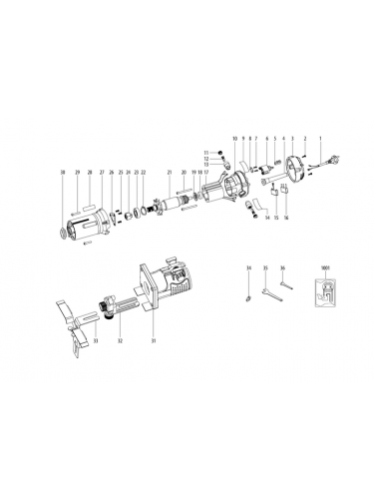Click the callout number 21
[x=170, y=173]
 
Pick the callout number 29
[x=76, y=173]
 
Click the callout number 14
[x=266, y=217]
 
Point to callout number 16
[x=286, y=217]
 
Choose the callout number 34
[x=247, y=268]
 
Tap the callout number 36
[x=283, y=268]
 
